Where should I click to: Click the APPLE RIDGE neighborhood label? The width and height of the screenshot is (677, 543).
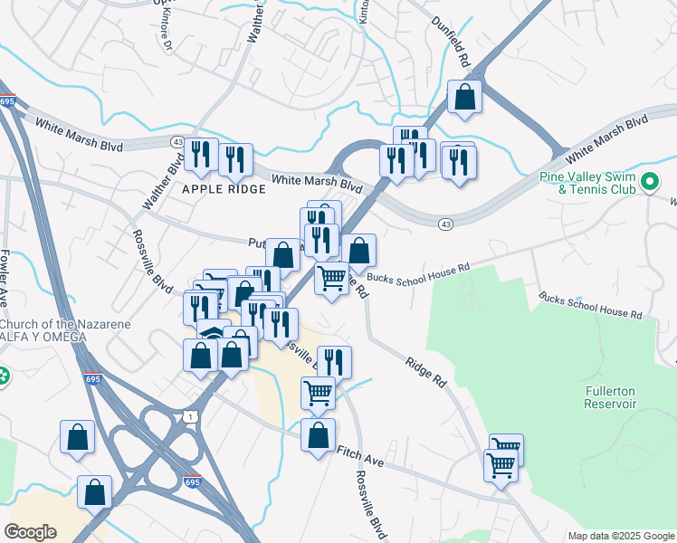[224, 189]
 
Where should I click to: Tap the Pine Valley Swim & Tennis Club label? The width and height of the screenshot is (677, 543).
[603, 183]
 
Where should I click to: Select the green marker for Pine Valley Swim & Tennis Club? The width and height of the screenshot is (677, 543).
[649, 183]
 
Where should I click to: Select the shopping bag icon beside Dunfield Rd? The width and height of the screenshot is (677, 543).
[464, 98]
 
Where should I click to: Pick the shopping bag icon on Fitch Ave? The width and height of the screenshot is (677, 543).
[318, 436]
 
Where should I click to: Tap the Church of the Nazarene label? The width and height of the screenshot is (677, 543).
[65, 325]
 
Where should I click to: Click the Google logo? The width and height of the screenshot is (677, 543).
[31, 531]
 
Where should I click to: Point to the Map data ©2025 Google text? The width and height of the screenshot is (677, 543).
[620, 536]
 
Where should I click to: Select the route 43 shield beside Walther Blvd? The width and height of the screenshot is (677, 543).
[176, 142]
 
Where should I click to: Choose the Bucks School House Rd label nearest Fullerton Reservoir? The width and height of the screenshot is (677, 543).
[590, 305]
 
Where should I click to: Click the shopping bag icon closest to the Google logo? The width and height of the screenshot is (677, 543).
[94, 493]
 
